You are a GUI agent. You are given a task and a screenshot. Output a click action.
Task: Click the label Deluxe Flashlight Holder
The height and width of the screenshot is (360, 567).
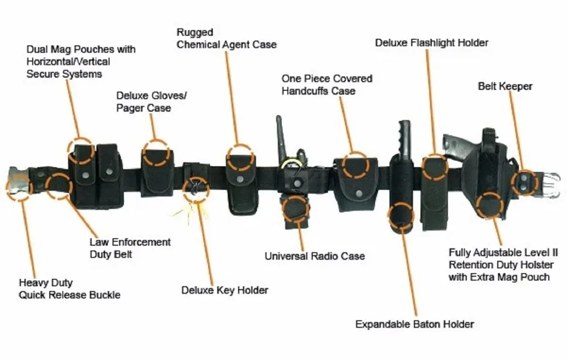point(431,43)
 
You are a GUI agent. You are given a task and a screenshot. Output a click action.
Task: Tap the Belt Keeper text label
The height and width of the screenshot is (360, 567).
point(505,86)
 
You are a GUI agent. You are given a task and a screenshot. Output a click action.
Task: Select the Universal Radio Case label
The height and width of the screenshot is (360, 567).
point(314,256)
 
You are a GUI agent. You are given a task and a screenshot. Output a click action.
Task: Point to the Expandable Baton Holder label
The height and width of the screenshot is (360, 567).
point(414,324)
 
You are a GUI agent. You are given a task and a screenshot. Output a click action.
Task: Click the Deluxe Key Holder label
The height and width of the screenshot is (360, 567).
point(225,290)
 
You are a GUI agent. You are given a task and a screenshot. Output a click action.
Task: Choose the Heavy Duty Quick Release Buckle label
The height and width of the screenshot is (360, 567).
point(69,289)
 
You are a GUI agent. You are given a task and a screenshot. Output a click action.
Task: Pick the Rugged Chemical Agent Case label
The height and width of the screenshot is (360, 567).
point(226,38)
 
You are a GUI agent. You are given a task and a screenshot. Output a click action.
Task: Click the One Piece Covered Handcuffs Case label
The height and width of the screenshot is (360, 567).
point(327,85)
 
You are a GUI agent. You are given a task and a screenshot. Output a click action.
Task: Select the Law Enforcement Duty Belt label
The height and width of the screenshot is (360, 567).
point(130,248)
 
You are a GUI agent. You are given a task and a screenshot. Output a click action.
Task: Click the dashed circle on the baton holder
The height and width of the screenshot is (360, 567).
point(401,216)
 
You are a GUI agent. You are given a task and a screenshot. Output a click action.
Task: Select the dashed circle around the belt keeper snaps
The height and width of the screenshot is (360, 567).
point(524,183)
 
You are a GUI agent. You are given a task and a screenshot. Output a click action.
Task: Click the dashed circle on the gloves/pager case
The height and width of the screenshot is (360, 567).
point(156,152)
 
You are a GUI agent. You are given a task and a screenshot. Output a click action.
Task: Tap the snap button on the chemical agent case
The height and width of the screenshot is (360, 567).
point(240,178)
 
